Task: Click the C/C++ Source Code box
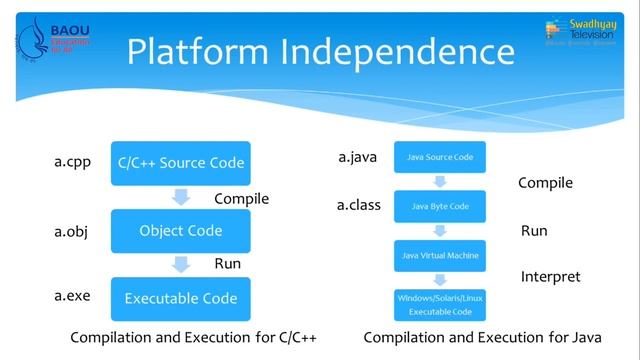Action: tap(180, 163)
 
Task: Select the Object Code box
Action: tap(180, 230)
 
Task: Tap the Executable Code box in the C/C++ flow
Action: tap(180, 298)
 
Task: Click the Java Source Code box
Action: tap(440, 157)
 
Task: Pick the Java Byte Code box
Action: tap(440, 206)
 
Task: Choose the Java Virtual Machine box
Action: tap(440, 256)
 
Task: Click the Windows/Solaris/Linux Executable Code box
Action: tap(440, 306)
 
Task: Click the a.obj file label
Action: tap(71, 232)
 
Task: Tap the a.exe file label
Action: tap(71, 297)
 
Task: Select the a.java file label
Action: tap(358, 157)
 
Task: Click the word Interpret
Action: tap(550, 276)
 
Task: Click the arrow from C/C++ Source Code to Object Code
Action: tap(180, 197)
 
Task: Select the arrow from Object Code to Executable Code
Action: tap(180, 264)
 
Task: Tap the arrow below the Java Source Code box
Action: tap(440, 181)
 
